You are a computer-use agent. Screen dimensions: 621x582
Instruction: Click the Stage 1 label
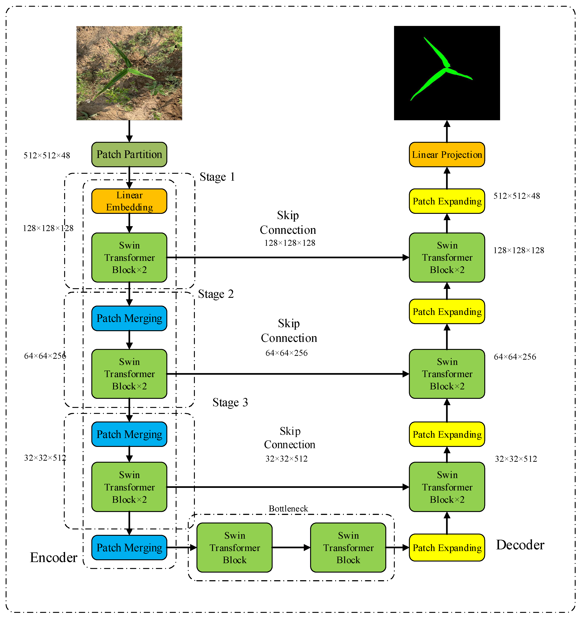tap(217, 177)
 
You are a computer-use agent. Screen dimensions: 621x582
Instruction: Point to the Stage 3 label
tap(230, 402)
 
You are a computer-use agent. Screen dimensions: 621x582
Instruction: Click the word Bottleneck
tap(288, 509)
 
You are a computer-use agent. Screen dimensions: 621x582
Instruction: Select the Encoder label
tap(53, 558)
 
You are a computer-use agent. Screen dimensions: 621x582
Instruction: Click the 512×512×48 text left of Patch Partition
tap(47, 155)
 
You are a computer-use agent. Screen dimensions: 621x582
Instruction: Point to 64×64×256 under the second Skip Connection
tap(286, 353)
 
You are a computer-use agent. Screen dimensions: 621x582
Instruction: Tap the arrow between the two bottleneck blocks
tap(291, 547)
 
